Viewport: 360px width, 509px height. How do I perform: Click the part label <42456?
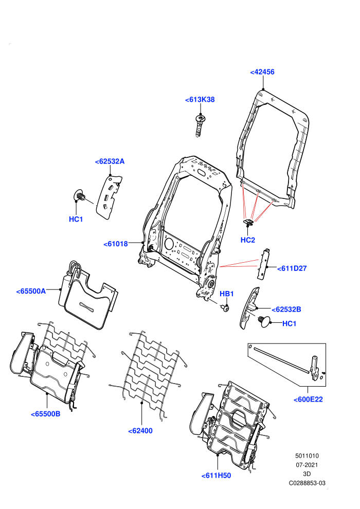coord(262,72)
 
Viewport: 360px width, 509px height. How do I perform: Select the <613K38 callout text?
coord(200,100)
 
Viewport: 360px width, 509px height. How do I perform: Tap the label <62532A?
coord(110,161)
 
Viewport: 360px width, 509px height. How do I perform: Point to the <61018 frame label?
coord(116,244)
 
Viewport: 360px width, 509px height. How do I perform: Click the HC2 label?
coord(248,240)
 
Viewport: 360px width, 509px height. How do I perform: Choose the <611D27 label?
coord(292,268)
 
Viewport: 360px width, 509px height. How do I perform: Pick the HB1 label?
coord(227,294)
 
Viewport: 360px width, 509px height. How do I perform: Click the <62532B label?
coord(286,310)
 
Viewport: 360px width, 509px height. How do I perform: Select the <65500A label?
coord(31,291)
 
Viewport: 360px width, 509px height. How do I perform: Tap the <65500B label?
coord(45,414)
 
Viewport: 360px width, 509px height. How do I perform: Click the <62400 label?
coord(140,431)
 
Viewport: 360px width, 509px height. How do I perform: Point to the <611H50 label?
coord(216,476)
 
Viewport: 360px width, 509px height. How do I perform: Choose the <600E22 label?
coord(308,399)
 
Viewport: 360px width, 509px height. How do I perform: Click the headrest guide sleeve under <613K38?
coord(200,125)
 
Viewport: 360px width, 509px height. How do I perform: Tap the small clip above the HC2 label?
coord(248,222)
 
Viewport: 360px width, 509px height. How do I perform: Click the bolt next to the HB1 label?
coord(225,307)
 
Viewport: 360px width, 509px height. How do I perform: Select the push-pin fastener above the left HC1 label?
coord(79,195)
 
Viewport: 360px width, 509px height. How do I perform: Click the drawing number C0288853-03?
coord(307,483)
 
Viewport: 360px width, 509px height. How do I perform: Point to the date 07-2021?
coord(307,465)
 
